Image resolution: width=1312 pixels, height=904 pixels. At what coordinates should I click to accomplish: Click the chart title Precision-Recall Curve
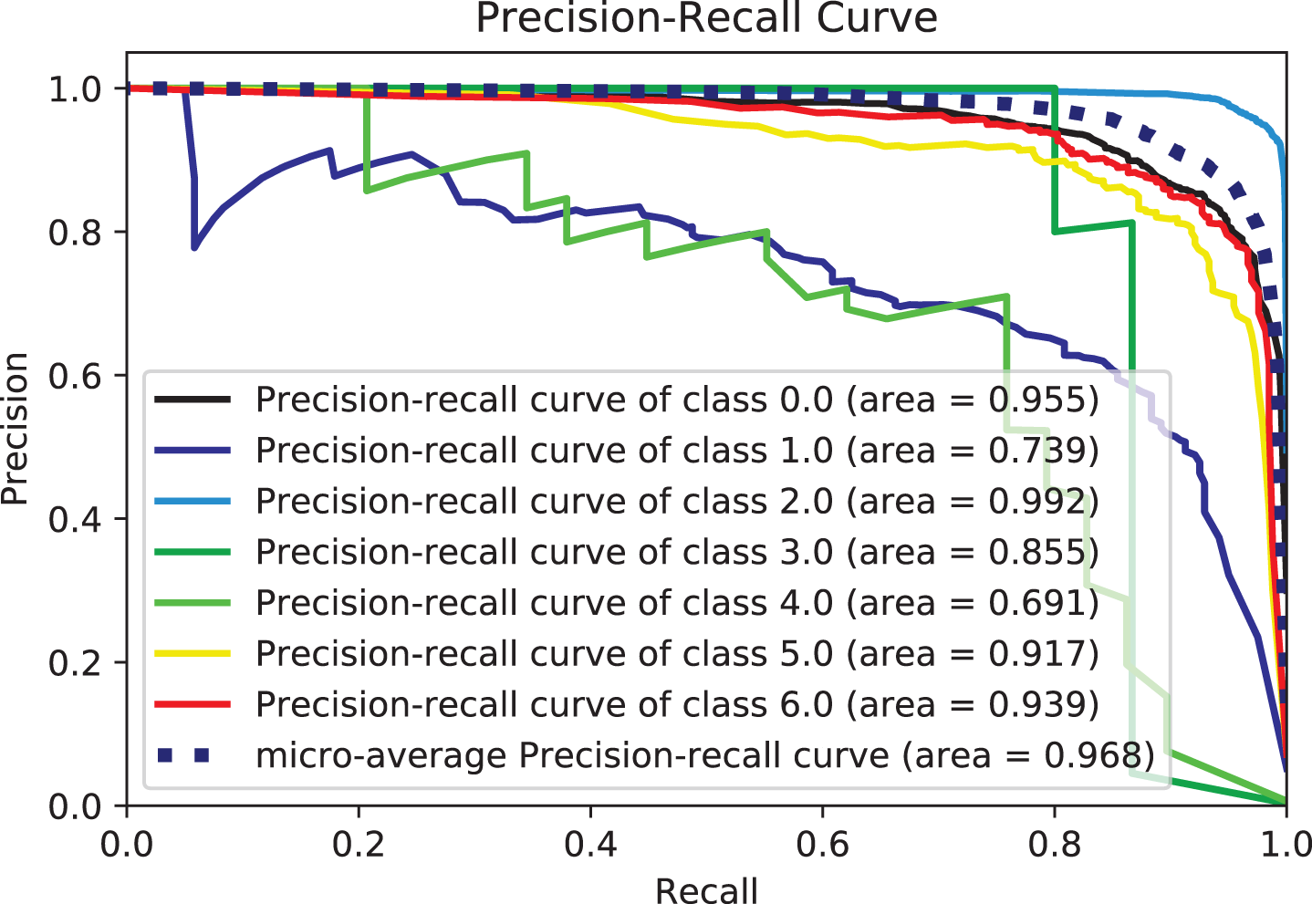pos(706,18)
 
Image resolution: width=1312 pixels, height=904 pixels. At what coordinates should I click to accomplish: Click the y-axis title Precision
pos(16,429)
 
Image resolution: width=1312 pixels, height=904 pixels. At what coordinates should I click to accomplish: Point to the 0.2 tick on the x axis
pos(359,843)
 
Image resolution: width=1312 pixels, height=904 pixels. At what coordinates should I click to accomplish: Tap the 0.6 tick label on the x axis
pos(822,843)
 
